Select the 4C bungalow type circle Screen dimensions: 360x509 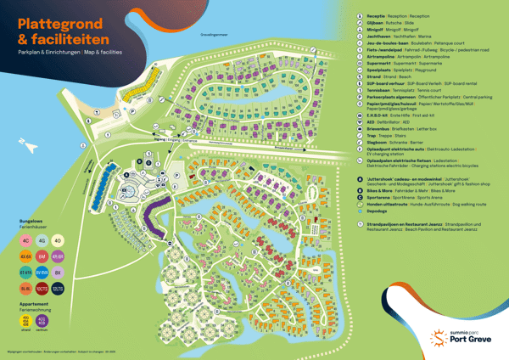point(26,239)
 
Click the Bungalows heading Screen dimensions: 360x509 point(31,220)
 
